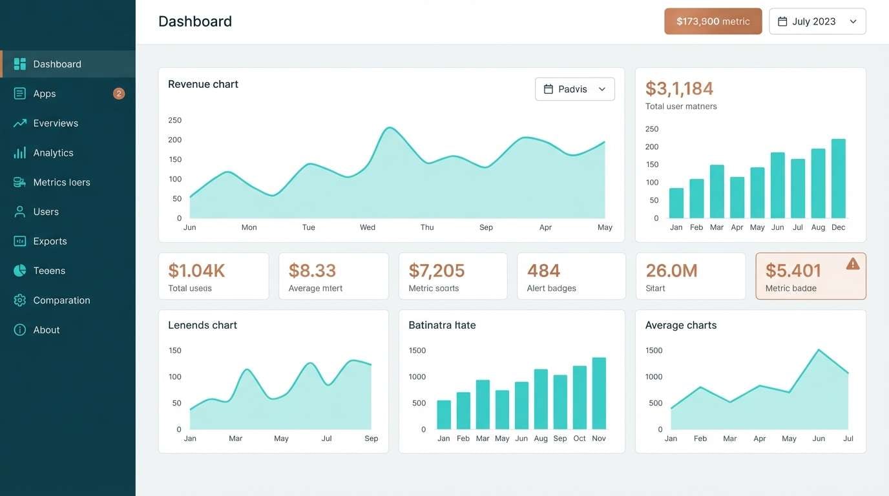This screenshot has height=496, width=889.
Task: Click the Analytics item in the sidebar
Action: tap(53, 153)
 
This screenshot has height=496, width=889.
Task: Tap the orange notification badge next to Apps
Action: tap(119, 94)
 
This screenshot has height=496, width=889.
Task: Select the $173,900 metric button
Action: tap(713, 21)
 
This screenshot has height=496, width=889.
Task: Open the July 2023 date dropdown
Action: tap(817, 21)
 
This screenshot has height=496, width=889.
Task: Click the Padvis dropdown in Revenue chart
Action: tap(574, 89)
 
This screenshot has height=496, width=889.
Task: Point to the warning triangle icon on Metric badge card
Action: tap(853, 263)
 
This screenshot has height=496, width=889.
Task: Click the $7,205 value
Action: tap(437, 271)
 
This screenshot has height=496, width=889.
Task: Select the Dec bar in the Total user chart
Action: tap(838, 179)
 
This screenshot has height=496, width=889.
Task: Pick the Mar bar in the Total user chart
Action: tap(716, 192)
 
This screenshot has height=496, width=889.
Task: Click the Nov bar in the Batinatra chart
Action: tap(599, 393)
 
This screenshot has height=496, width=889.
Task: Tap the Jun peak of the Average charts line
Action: tap(819, 350)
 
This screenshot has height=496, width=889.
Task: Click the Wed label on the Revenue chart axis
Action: tap(368, 227)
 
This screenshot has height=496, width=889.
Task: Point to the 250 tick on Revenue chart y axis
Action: tap(175, 120)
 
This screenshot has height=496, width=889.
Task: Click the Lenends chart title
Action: tap(202, 325)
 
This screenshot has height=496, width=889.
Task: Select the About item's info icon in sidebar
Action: tap(20, 330)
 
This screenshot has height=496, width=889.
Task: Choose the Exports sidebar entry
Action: tap(50, 242)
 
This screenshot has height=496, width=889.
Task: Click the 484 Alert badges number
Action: tap(543, 271)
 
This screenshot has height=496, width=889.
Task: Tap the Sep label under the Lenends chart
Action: tap(371, 439)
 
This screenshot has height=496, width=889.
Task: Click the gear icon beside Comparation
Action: tap(20, 300)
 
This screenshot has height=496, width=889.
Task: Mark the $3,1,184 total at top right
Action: tap(679, 88)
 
